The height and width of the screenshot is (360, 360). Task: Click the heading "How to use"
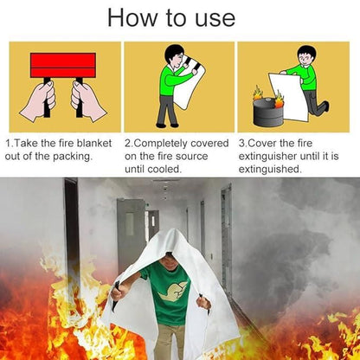179,17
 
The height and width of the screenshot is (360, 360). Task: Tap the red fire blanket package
62,65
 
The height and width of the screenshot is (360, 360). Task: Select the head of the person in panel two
175,54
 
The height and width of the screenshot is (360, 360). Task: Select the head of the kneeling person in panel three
305,55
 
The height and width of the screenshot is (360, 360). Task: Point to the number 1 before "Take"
8,142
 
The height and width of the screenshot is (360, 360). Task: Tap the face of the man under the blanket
178,257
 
